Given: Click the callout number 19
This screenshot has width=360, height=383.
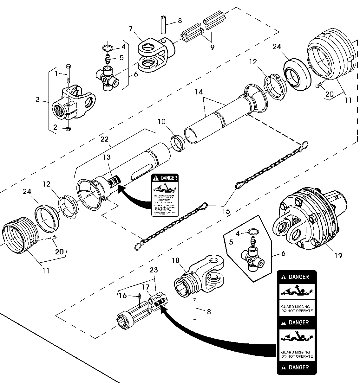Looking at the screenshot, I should click(338, 255).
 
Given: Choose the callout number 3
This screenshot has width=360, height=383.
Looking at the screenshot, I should click(38, 100).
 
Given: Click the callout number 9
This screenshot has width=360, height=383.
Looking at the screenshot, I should click(212, 48).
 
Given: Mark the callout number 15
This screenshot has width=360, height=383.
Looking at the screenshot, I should click(226, 211).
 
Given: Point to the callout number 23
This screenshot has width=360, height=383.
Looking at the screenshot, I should click(154, 270).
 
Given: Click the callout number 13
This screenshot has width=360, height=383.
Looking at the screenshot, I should click(107, 157).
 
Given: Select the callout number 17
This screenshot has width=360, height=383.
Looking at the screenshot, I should click(145, 287).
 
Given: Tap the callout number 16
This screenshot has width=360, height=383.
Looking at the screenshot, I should click(122, 296).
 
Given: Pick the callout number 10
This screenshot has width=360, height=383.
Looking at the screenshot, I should click(161, 122).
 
